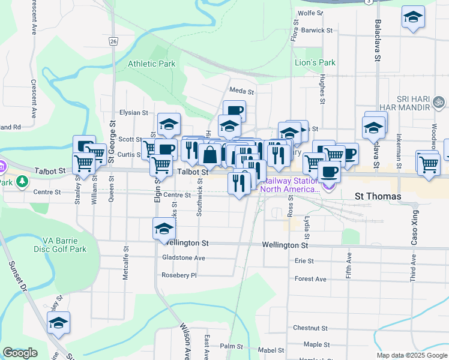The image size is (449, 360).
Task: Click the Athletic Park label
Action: point(151,64)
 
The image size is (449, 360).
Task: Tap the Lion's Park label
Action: point(315,62)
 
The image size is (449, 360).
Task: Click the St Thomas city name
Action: point(378,196)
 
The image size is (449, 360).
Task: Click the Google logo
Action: point(20,353)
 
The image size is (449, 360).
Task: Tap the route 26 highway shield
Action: point(113,41)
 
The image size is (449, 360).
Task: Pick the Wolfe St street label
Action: point(310,12)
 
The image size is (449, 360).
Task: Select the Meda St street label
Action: point(242,92)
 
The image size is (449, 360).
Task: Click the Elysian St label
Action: point(133,112)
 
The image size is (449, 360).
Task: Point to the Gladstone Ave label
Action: point(184,258)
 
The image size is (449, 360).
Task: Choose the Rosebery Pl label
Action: point(179,275)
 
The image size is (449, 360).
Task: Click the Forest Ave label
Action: point(310,279)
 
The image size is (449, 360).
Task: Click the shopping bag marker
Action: point(211,154)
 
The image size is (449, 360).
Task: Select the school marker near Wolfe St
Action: point(413,17)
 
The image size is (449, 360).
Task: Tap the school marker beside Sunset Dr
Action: point(58,323)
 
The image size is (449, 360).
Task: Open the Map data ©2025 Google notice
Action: point(411,355)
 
